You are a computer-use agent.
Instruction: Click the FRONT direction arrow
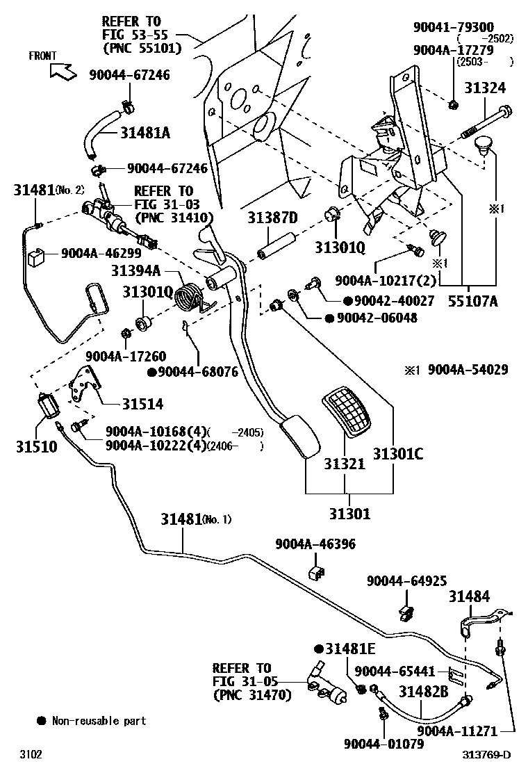pyautogui.click(x=63, y=72)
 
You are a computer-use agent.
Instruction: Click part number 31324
pyautogui.click(x=485, y=88)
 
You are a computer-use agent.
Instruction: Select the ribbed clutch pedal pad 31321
pyautogui.click(x=346, y=412)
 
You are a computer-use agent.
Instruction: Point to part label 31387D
pyautogui.click(x=272, y=218)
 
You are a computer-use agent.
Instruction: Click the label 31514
pyautogui.click(x=143, y=404)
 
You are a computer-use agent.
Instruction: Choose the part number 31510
pyautogui.click(x=36, y=447)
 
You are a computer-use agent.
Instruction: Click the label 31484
pyautogui.click(x=469, y=596)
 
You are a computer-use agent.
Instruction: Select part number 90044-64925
pyautogui.click(x=406, y=580)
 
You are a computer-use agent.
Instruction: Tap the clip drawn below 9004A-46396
pyautogui.click(x=316, y=572)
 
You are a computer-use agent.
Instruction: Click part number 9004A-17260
pyautogui.click(x=126, y=356)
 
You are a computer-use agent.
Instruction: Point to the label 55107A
pyautogui.click(x=473, y=301)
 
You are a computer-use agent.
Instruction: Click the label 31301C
pyautogui.click(x=398, y=453)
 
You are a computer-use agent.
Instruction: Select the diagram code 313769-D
pyautogui.click(x=486, y=755)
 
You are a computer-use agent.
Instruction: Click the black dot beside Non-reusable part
pyautogui.click(x=42, y=720)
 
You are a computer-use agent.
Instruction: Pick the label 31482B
pyautogui.click(x=424, y=692)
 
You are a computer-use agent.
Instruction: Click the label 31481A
pyautogui.click(x=145, y=133)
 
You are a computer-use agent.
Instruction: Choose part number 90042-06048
pyautogui.click(x=377, y=318)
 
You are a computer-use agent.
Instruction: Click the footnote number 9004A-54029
pyautogui.click(x=468, y=369)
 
